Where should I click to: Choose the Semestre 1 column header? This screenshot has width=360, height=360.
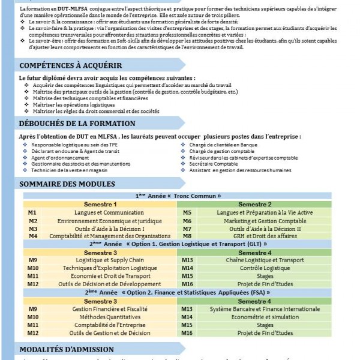100,205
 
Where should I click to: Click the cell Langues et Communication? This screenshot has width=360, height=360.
101,213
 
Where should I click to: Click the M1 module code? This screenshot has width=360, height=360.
32,213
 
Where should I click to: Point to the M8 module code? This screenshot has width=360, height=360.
187,236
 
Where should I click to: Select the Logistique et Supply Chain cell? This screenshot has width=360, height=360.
101,260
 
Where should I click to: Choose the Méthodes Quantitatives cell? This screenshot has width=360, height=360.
101,316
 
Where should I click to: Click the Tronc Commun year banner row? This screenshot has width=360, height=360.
178,196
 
